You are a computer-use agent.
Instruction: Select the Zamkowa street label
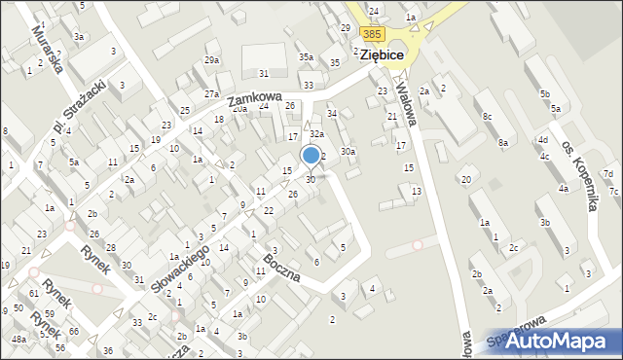coord(254,99)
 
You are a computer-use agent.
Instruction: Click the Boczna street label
coord(282,270)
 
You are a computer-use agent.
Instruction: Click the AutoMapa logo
coord(564,341)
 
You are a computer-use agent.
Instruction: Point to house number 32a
coord(315,133)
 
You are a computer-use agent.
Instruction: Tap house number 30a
coord(348,151)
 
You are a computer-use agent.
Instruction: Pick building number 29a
coord(212,60)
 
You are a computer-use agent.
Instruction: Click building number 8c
coord(487,117)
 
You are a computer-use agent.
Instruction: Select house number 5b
coord(545,93)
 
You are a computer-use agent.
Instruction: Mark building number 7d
coord(607,174)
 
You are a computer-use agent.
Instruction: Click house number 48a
coord(19,339)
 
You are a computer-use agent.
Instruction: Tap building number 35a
coord(306,57)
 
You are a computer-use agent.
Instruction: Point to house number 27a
coord(211,93)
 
